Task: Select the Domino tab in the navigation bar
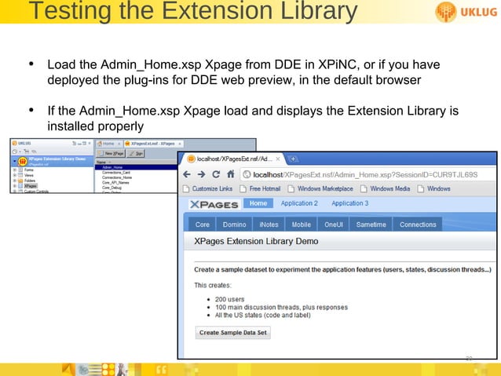click(x=235, y=225)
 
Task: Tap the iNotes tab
click(x=269, y=225)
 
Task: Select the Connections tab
click(x=418, y=225)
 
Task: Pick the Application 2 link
click(x=299, y=203)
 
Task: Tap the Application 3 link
click(x=349, y=203)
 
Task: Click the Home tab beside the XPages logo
click(x=258, y=203)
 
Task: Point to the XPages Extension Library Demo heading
click(x=256, y=242)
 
